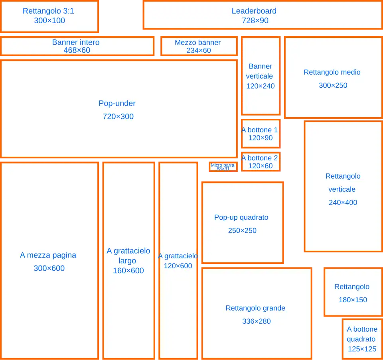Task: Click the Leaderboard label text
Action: click(254, 11)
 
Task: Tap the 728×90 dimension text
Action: click(255, 20)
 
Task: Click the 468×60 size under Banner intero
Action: click(77, 50)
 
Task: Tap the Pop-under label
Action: click(117, 103)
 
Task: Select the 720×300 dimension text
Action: click(118, 116)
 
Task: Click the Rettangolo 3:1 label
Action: click(48, 11)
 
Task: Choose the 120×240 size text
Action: click(261, 86)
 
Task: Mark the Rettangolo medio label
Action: click(332, 72)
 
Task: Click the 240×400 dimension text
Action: click(343, 203)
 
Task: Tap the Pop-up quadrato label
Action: click(241, 217)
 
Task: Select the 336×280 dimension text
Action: click(257, 321)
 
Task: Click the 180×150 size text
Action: click(353, 300)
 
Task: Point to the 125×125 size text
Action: click(362, 349)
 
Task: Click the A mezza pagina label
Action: click(48, 255)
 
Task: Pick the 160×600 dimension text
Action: click(128, 270)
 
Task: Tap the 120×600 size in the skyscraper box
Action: click(178, 266)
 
